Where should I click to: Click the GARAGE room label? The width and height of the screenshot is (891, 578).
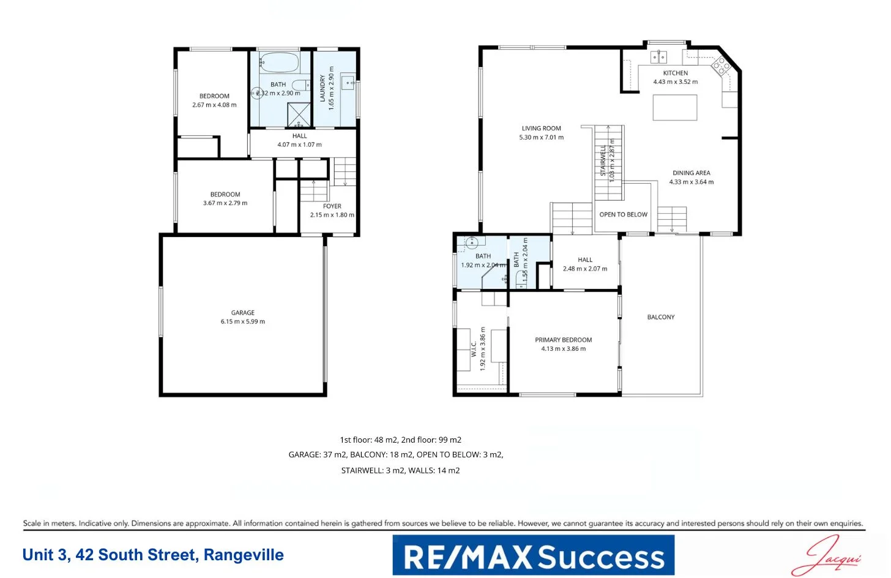click(x=243, y=312)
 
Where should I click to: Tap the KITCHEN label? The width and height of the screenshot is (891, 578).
click(x=675, y=73)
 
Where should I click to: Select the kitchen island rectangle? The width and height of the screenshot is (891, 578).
click(x=674, y=108)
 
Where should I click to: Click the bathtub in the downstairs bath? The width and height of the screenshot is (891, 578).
click(x=279, y=62)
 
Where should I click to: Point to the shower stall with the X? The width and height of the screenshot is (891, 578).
click(x=299, y=114)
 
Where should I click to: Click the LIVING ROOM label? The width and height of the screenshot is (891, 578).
click(x=541, y=129)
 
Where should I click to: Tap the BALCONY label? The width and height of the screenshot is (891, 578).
click(x=661, y=317)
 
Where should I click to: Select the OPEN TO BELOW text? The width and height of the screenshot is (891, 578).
click(x=623, y=214)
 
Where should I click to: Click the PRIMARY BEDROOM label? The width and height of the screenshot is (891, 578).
click(x=563, y=340)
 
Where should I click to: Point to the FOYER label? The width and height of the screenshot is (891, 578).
click(x=332, y=206)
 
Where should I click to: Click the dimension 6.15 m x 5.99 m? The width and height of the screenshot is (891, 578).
click(x=243, y=321)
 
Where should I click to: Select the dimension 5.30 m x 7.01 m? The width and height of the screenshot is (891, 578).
click(x=542, y=138)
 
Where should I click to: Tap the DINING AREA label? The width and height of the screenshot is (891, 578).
click(x=691, y=173)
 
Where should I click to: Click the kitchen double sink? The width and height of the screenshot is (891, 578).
click(x=658, y=58)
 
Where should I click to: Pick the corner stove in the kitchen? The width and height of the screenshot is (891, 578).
click(x=720, y=66)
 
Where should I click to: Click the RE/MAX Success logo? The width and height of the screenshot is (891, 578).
click(x=533, y=555)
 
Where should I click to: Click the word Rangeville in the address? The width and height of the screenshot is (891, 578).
click(x=244, y=555)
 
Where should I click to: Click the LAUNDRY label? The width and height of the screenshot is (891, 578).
click(x=322, y=88)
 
